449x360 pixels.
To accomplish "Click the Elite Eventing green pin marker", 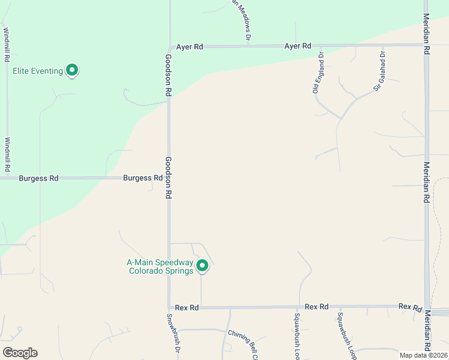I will (72, 70).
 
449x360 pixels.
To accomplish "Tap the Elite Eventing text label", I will (38, 71).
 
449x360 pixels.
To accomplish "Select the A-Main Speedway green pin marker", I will (202, 265).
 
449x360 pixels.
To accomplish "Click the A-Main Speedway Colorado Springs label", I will (160, 266).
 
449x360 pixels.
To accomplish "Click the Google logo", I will (20, 353).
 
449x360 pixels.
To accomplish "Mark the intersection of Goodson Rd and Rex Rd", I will (169, 307).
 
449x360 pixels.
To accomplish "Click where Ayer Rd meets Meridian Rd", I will (426, 45).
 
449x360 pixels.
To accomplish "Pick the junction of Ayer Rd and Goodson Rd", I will (169, 46).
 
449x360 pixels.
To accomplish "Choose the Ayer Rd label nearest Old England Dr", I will (298, 46).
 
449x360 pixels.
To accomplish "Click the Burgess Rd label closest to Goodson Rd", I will (143, 178).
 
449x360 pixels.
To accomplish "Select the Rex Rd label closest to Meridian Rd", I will (410, 307).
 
